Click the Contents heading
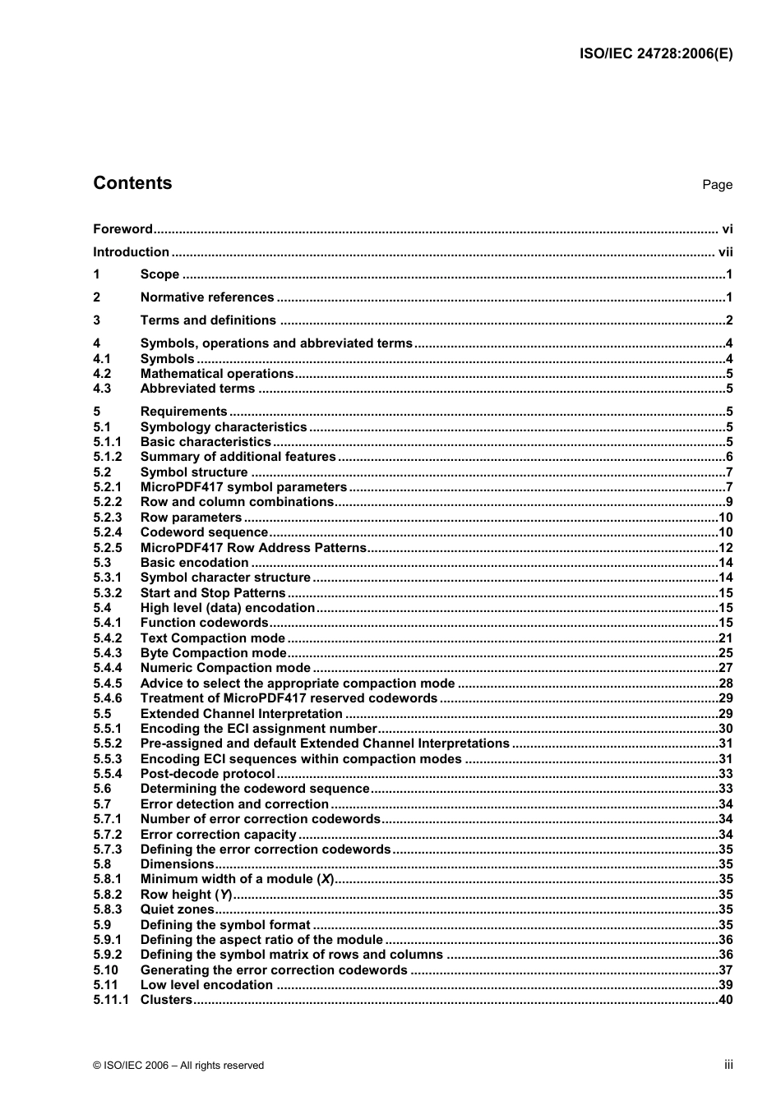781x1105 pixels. (x=132, y=183)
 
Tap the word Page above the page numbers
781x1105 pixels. (x=717, y=185)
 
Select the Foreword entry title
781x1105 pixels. (x=122, y=229)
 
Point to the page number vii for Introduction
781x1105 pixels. (x=725, y=252)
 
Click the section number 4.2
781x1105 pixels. (x=102, y=374)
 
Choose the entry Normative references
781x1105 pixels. (x=207, y=297)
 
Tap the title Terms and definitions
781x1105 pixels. (x=208, y=320)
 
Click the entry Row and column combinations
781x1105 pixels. (x=237, y=502)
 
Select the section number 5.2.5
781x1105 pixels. (x=108, y=548)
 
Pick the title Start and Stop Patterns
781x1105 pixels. (x=213, y=593)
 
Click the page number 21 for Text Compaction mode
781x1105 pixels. (x=725, y=638)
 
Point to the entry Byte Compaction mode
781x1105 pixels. (x=214, y=653)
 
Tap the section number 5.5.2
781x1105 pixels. (x=108, y=744)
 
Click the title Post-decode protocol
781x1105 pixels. (x=207, y=774)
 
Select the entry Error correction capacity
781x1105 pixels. (x=218, y=835)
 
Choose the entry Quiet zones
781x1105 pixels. (x=177, y=910)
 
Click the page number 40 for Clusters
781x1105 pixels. (x=725, y=1001)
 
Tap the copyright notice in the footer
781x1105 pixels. (x=178, y=1066)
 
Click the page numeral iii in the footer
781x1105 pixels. (x=728, y=1065)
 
